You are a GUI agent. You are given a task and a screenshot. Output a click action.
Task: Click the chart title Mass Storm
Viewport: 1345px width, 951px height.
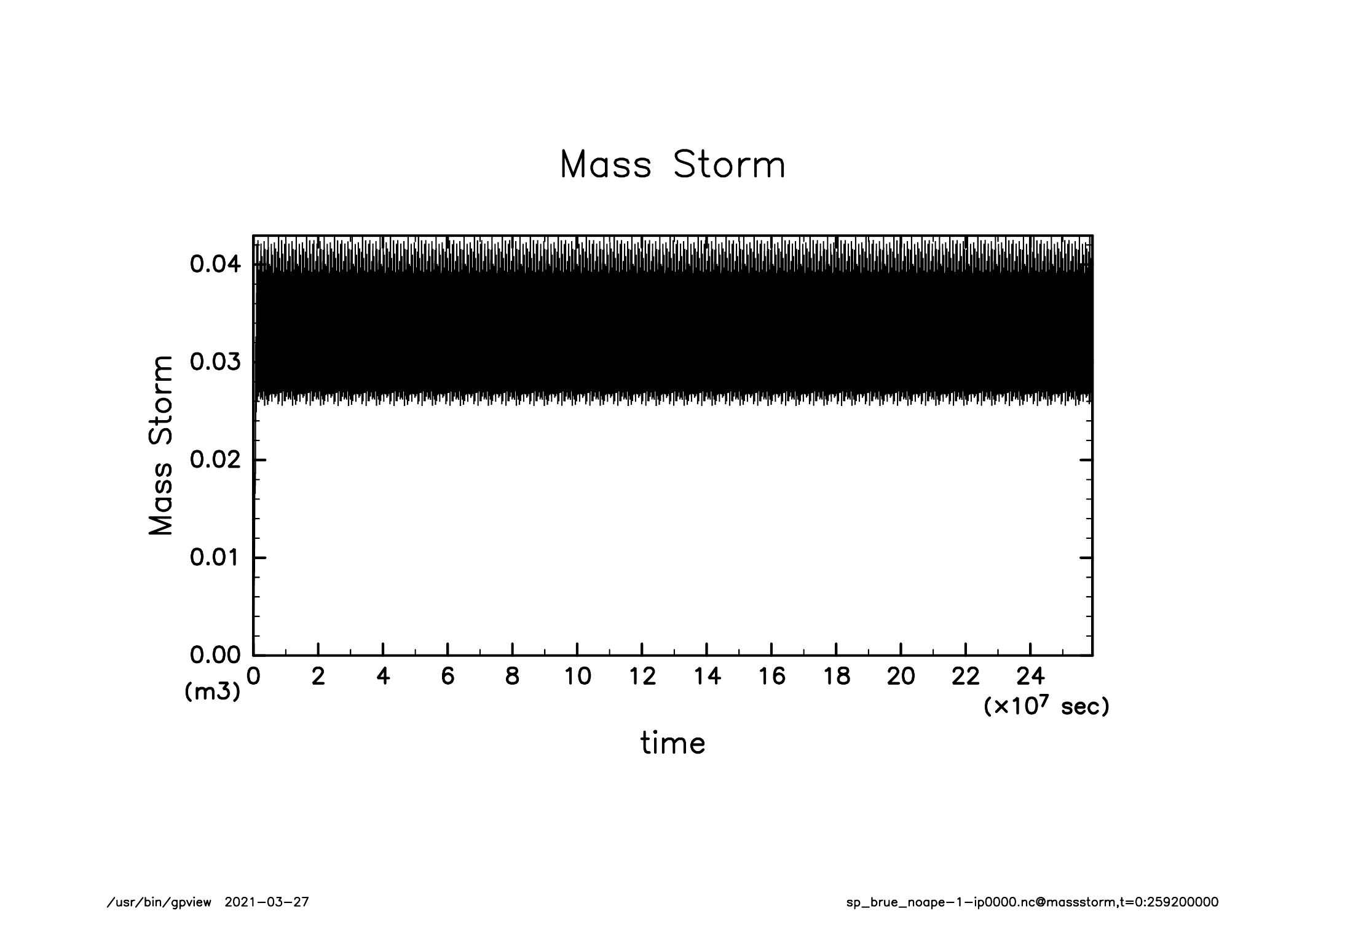[x=672, y=165]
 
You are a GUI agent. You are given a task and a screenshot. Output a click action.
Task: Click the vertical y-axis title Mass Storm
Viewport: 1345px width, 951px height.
[x=161, y=445]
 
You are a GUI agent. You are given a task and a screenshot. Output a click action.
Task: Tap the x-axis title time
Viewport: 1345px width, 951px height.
[x=672, y=743]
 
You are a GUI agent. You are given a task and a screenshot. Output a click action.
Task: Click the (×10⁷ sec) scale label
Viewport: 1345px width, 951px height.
[x=1046, y=707]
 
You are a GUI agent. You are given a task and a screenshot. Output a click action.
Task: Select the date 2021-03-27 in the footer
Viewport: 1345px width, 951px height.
[x=267, y=902]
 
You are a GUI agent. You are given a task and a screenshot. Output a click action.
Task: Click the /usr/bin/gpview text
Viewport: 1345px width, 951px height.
[x=159, y=902]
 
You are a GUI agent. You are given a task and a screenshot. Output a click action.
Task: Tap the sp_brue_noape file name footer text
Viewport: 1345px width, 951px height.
[x=1032, y=902]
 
